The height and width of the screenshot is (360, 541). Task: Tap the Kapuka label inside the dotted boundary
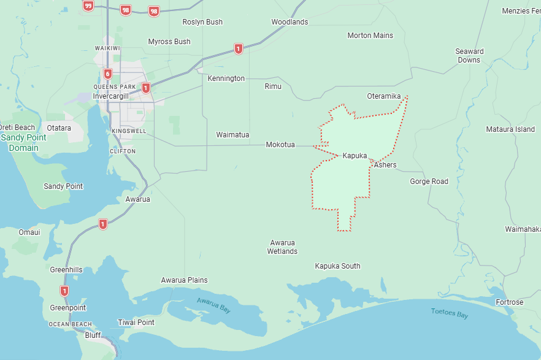pyautogui.click(x=355, y=156)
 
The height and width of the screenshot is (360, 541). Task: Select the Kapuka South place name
pyautogui.click(x=337, y=266)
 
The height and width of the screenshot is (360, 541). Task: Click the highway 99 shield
pyautogui.click(x=88, y=6)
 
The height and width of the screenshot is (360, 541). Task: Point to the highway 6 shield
pyautogui.click(x=108, y=74)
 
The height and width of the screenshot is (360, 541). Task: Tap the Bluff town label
pyautogui.click(x=93, y=335)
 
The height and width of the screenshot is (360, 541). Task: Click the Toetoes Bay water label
pyautogui.click(x=449, y=314)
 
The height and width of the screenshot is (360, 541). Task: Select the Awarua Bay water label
pyautogui.click(x=213, y=304)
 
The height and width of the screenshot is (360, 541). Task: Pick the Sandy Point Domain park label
pyautogui.click(x=24, y=143)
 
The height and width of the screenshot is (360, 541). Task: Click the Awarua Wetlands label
pyautogui.click(x=282, y=247)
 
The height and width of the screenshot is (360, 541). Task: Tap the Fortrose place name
pyautogui.click(x=510, y=302)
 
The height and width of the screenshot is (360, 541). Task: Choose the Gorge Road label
pyautogui.click(x=429, y=182)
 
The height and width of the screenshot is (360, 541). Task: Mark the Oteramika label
pyautogui.click(x=383, y=96)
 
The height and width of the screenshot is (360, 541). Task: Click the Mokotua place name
pyautogui.click(x=280, y=145)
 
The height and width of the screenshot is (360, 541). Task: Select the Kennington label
pyautogui.click(x=226, y=79)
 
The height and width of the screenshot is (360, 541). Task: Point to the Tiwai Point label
pyautogui.click(x=136, y=323)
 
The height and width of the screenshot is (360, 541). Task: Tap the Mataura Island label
pyautogui.click(x=510, y=129)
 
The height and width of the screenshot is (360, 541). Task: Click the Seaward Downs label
pyautogui.click(x=469, y=56)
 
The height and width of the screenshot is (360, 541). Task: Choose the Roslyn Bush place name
pyautogui.click(x=202, y=22)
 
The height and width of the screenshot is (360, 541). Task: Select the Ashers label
pyautogui.click(x=385, y=165)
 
